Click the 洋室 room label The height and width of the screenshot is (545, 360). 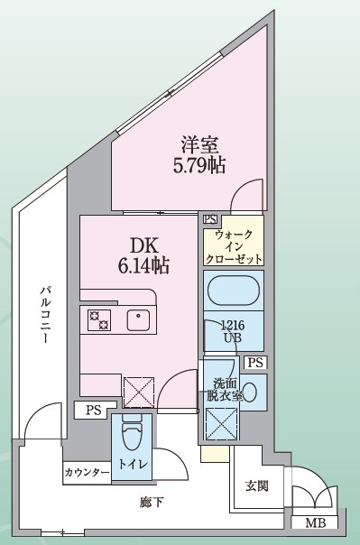200,143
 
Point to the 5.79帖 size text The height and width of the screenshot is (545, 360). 200,164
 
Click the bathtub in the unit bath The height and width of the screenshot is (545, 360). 234,292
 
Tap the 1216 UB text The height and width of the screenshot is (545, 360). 234,331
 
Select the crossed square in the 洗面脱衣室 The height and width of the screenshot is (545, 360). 221,424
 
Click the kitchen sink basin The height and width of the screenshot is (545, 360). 138,319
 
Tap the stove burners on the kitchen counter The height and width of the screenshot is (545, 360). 98,319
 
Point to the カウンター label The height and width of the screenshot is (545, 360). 87,473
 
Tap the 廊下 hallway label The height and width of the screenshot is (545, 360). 152,502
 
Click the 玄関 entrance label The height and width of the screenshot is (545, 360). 257,487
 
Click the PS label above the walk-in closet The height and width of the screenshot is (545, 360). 210,219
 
